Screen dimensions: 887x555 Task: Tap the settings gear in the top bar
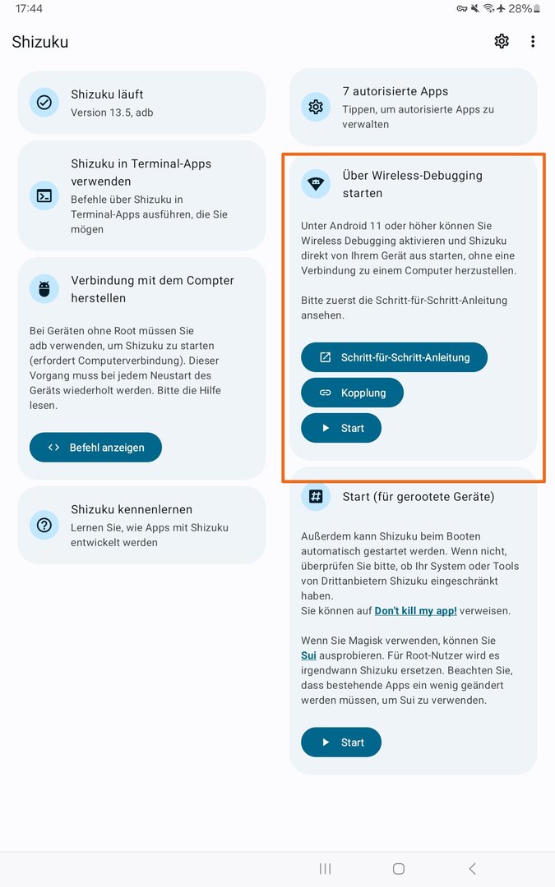(502, 41)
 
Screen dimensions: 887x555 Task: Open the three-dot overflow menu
(533, 41)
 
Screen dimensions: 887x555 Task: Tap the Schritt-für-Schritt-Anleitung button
(394, 357)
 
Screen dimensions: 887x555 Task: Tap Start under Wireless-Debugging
(341, 428)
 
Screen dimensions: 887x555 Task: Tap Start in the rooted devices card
(341, 742)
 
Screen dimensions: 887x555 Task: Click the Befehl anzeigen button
(95, 448)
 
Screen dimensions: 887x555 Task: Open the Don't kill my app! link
(415, 611)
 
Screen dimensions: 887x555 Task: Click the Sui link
(308, 655)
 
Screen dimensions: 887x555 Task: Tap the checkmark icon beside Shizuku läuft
(44, 103)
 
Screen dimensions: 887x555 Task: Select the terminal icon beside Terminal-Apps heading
(44, 195)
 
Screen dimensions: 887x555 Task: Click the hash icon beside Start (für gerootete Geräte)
(316, 497)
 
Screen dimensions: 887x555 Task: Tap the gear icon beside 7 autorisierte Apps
(316, 107)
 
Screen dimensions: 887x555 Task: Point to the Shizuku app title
(40, 42)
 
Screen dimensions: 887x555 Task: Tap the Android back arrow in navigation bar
(472, 868)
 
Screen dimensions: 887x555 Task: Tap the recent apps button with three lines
(325, 868)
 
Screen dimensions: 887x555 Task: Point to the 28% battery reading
(520, 9)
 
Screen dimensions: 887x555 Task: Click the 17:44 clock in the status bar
(29, 9)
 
